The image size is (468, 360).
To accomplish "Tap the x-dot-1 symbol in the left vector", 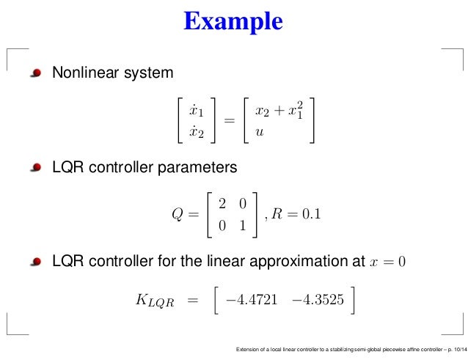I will pyautogui.click(x=196, y=111).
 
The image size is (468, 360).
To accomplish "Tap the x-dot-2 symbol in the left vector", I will pyautogui.click(x=196, y=133).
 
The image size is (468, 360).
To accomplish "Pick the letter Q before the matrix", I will pyautogui.click(x=174, y=216).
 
